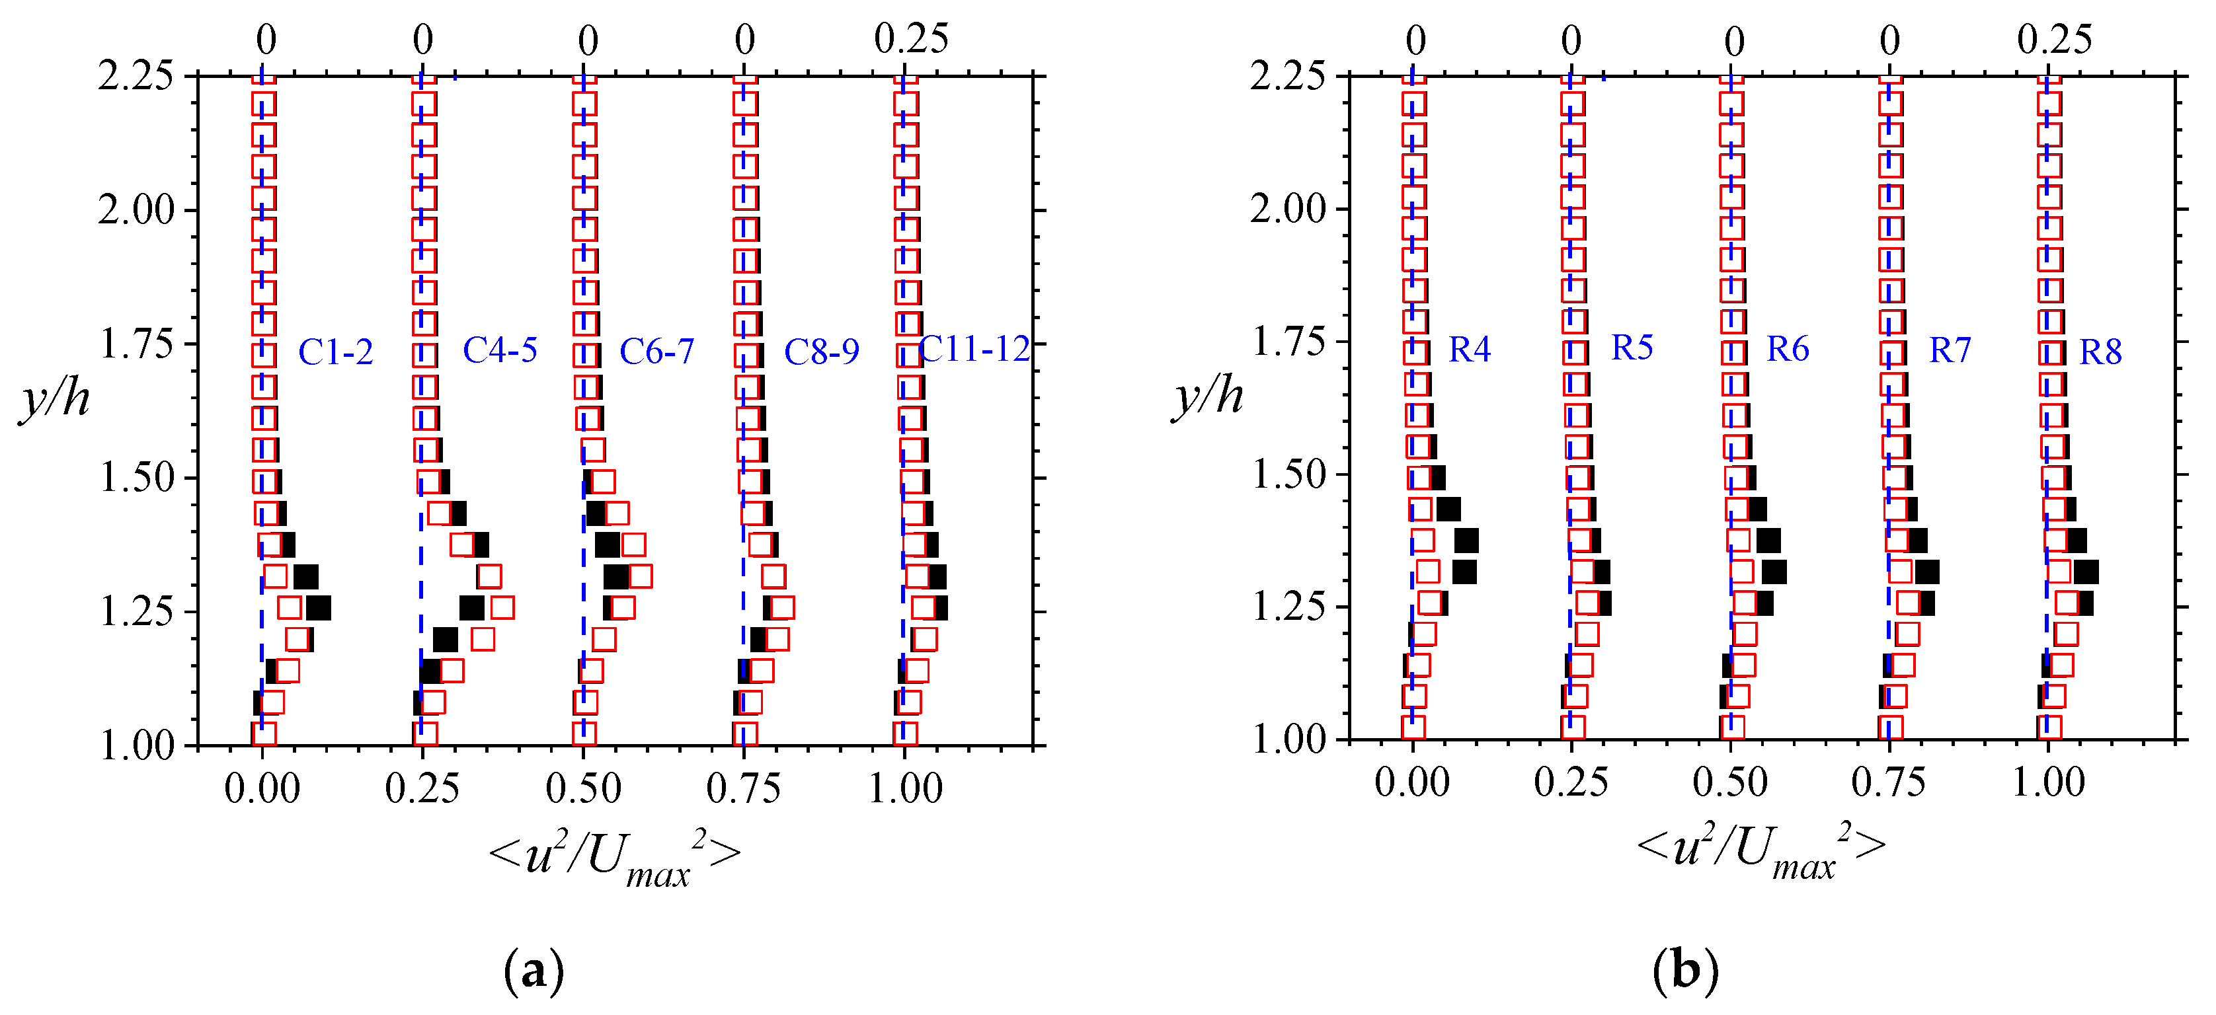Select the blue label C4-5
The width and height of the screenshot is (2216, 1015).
click(500, 350)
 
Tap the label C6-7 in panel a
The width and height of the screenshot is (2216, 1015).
click(656, 351)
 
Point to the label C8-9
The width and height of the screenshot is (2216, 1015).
click(822, 352)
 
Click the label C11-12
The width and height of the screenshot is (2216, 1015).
click(974, 349)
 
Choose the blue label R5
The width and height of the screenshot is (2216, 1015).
click(1632, 348)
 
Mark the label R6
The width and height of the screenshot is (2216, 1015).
click(1788, 349)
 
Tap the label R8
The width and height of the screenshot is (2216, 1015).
click(2101, 352)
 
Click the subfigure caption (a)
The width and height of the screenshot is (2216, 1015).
click(534, 970)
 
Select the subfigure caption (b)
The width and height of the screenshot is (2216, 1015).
click(1685, 970)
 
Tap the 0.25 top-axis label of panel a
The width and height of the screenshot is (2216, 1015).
click(911, 39)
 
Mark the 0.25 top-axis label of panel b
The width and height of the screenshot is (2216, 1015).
click(2054, 39)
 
